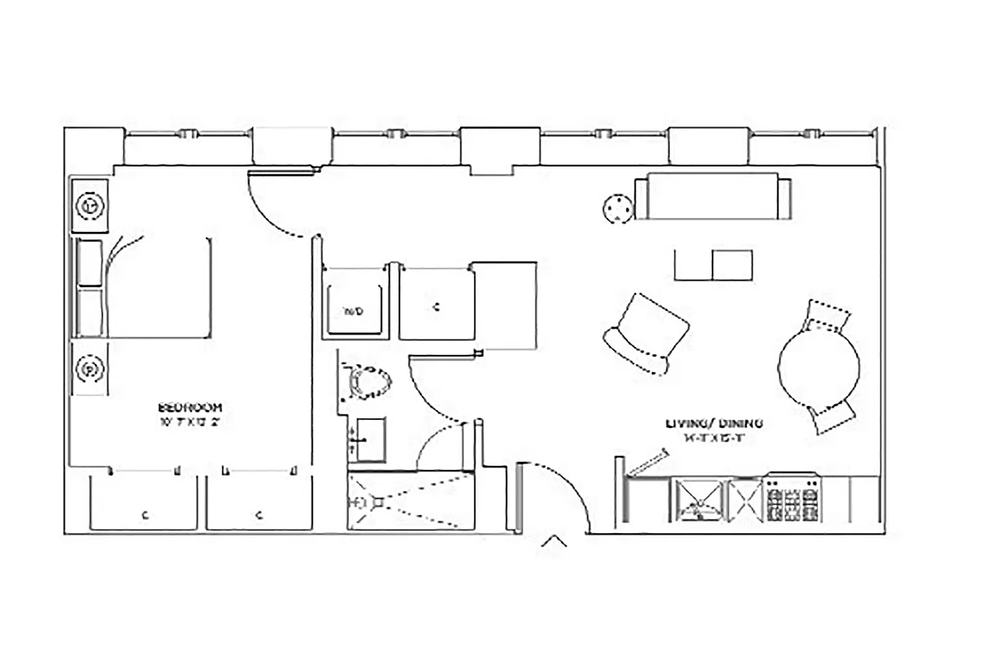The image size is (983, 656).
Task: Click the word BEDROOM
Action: pyautogui.click(x=189, y=408)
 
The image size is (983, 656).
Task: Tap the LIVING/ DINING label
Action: pyautogui.click(x=715, y=424)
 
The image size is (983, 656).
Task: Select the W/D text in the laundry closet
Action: pyautogui.click(x=353, y=311)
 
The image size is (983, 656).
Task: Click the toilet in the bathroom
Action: pyautogui.click(x=368, y=383)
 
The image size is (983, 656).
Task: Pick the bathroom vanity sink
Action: pyautogui.click(x=368, y=440)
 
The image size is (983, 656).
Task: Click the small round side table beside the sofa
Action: pyautogui.click(x=618, y=209)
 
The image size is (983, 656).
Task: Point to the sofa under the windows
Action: pyautogui.click(x=712, y=197)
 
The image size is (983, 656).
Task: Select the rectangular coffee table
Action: pyautogui.click(x=712, y=265)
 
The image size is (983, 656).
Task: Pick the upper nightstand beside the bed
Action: pyautogui.click(x=90, y=206)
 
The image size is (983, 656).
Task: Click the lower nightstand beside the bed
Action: pyautogui.click(x=89, y=370)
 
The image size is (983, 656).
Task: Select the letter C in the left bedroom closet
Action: pyautogui.click(x=144, y=516)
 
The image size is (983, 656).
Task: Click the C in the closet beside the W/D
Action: pyautogui.click(x=436, y=307)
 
